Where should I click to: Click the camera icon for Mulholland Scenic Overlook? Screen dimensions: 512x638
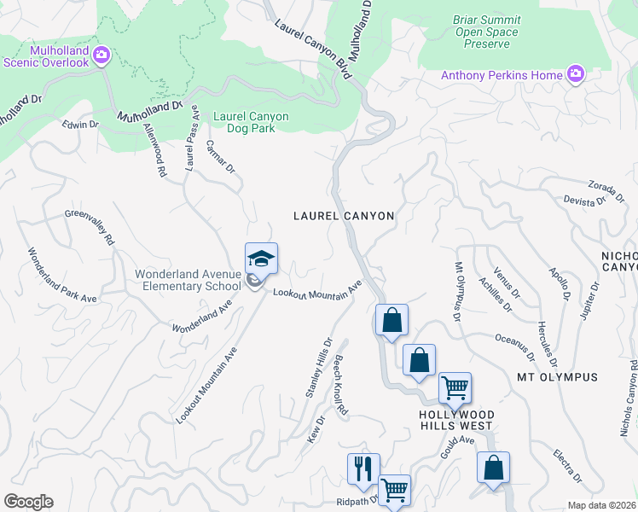pyautogui.click(x=101, y=55)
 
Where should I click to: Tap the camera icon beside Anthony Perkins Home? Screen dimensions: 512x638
pyautogui.click(x=576, y=75)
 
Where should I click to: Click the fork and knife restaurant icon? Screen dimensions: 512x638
pyautogui.click(x=363, y=468)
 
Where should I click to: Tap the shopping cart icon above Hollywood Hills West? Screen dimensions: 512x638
pyautogui.click(x=455, y=387)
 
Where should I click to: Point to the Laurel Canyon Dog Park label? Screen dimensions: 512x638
pyautogui.click(x=251, y=123)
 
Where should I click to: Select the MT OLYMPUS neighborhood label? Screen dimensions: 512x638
pyautogui.click(x=557, y=376)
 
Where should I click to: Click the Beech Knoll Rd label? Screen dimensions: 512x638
pyautogui.click(x=341, y=386)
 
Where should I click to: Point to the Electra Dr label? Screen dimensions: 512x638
pyautogui.click(x=566, y=465)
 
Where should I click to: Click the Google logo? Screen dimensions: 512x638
pyautogui.click(x=28, y=502)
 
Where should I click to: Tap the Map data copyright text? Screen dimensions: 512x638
pyautogui.click(x=601, y=505)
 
